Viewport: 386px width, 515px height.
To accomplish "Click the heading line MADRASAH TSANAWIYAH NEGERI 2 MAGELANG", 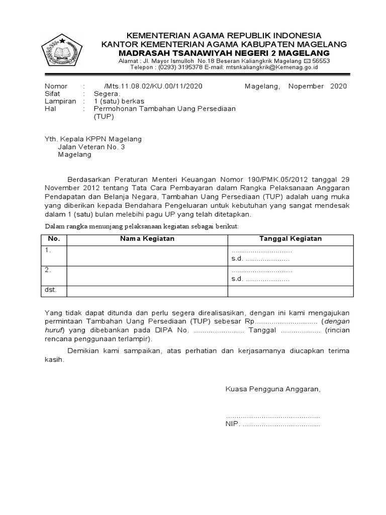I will pos(224,53).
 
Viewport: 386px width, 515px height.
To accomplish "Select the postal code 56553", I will pos(321,60).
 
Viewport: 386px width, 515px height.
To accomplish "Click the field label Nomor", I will pos(56,87).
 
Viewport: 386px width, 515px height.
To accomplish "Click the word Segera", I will pos(107,94).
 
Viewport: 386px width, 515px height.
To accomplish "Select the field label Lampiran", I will pos(60,101).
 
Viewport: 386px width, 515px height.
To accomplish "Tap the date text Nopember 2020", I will pos(318,87).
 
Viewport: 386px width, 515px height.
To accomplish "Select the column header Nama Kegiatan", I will pos(147,239).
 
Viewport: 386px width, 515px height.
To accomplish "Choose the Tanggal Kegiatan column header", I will pos(291,239).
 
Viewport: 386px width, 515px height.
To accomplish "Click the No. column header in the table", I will pos(53,239).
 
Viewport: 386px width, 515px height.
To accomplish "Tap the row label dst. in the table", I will pos(51,290).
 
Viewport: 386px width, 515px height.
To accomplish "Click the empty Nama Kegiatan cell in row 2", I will pos(147,275).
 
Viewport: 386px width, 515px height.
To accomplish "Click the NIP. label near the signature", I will pos(233,424).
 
